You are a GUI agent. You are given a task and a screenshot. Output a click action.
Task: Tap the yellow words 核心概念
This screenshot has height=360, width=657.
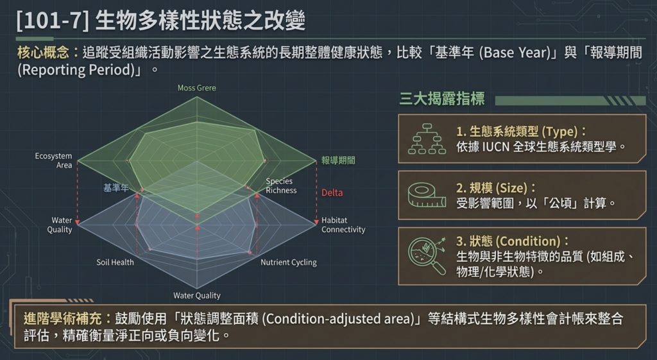pyautogui.click(x=43, y=53)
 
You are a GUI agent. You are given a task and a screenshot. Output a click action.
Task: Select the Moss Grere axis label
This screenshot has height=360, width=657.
pyautogui.click(x=196, y=88)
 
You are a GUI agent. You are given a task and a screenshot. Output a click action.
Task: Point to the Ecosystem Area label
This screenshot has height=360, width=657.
pyautogui.click(x=53, y=160)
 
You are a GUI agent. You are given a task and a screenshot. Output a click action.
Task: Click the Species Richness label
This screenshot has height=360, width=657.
pyautogui.click(x=281, y=185)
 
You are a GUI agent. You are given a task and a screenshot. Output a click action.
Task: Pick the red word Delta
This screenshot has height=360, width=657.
pyautogui.click(x=332, y=193)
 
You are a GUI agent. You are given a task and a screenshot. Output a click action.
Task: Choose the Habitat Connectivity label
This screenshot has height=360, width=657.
pyautogui.click(x=343, y=225)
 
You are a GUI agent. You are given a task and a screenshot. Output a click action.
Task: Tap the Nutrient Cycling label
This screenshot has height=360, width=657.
pyautogui.click(x=288, y=262)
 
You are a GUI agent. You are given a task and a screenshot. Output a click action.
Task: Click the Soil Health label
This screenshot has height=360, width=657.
pyautogui.click(x=115, y=262)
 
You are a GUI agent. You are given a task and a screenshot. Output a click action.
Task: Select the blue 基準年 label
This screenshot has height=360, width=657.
pyautogui.click(x=115, y=188)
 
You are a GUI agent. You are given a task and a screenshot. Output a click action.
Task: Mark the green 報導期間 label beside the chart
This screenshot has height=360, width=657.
pyautogui.click(x=338, y=160)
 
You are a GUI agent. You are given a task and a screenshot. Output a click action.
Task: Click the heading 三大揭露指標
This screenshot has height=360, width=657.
pyautogui.click(x=441, y=99)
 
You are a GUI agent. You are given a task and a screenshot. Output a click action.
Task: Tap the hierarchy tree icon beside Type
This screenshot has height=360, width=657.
pyautogui.click(x=427, y=139)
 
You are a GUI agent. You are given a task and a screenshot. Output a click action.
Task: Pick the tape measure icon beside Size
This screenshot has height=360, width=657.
pyautogui.click(x=427, y=195)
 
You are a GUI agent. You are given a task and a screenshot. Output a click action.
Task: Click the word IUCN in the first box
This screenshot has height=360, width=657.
pyautogui.click(x=496, y=147)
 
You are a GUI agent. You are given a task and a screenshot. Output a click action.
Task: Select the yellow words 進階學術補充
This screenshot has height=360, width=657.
pyautogui.click(x=62, y=318)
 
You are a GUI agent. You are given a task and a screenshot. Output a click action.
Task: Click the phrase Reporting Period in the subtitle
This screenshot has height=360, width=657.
pyautogui.click(x=78, y=69)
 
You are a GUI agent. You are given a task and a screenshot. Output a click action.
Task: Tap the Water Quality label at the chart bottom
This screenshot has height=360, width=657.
pyautogui.click(x=197, y=295)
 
